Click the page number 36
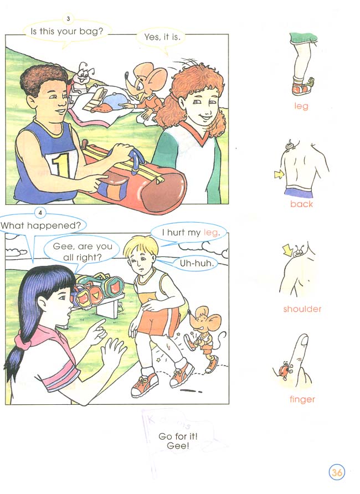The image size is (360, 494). [x=337, y=472]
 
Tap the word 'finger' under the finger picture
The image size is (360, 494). [x=302, y=399]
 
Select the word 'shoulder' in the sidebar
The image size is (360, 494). [x=302, y=309]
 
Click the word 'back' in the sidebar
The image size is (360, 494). [x=301, y=204]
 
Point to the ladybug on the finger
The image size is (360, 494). [x=282, y=371]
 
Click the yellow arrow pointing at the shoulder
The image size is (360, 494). [x=288, y=250]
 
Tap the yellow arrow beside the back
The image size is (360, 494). [x=279, y=174]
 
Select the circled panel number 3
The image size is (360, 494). [x=68, y=19]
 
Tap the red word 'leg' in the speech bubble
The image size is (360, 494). [x=210, y=233]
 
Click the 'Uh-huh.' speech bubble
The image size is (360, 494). [x=196, y=263]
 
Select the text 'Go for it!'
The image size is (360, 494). [x=178, y=436]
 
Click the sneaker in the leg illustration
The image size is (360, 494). [x=302, y=88]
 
